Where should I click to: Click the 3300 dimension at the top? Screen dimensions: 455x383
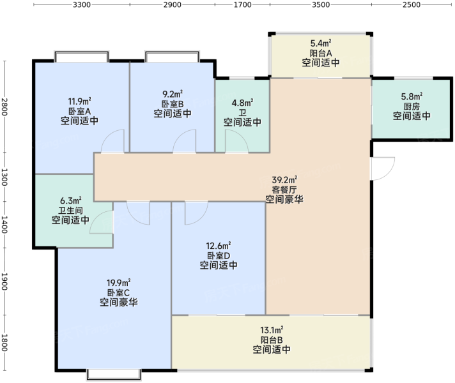82,4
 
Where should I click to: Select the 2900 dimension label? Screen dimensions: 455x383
172,4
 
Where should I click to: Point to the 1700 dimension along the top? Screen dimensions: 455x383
243,4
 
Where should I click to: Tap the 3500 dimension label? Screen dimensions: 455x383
321,4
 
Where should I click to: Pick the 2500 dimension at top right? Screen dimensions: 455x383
412,4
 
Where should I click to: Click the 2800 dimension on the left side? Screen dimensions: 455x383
4,107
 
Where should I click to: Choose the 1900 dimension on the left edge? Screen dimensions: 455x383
4,282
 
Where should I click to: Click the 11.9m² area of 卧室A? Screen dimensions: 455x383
79,101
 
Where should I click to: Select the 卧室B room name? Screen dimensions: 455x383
173,104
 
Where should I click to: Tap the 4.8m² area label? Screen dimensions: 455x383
242,103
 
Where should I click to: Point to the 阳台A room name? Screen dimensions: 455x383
321,53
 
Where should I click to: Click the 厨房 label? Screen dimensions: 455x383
412,106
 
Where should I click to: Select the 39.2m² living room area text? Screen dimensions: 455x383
284,180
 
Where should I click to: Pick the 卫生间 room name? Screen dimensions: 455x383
70,210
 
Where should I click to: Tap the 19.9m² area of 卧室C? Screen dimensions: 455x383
118,282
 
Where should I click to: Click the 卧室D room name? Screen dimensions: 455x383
219,256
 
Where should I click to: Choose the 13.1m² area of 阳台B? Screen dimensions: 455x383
272,330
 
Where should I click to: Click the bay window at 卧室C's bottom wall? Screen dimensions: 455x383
114,374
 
